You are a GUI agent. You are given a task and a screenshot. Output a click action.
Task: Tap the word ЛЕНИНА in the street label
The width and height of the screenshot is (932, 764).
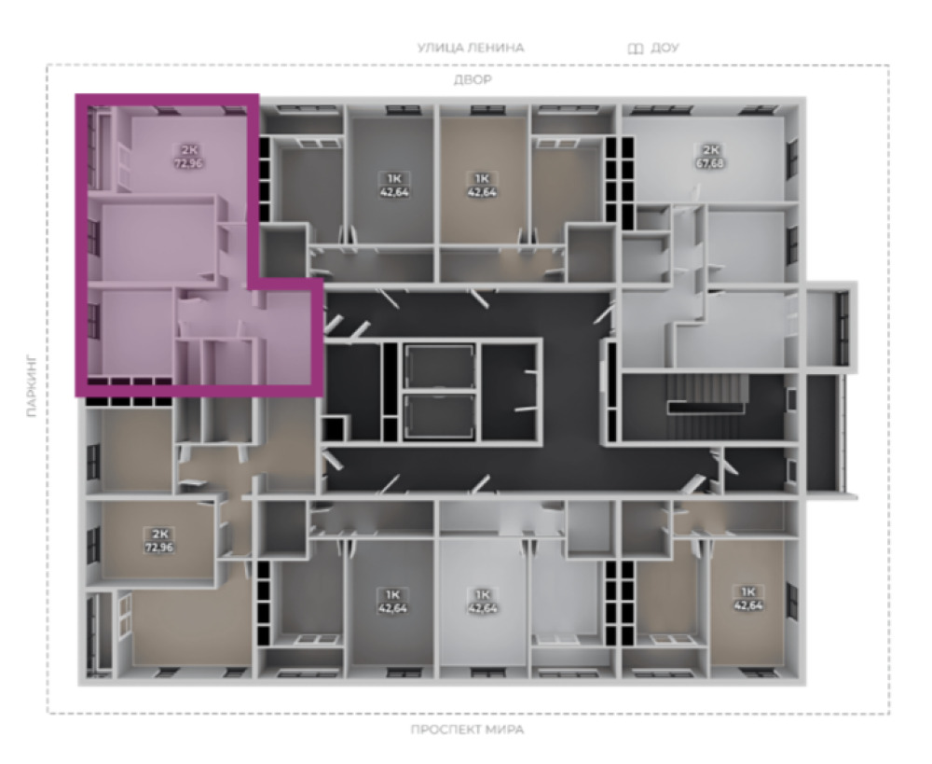click(x=498, y=48)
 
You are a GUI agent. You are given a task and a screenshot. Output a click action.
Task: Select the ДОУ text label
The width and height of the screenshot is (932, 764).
click(x=665, y=48)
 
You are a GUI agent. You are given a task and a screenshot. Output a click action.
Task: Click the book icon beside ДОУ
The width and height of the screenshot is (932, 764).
click(x=636, y=49)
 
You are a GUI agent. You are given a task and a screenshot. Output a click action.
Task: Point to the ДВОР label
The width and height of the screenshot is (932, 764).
click(x=473, y=79)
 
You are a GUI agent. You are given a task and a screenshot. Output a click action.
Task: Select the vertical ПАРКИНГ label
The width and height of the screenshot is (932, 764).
click(x=32, y=387)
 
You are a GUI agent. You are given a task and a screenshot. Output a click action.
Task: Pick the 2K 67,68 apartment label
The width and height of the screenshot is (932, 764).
click(x=710, y=156)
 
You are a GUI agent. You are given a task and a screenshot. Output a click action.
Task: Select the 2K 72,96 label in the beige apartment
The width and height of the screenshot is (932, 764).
click(x=159, y=540)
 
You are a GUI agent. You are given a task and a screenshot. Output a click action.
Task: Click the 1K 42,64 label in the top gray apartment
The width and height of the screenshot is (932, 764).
click(x=393, y=185)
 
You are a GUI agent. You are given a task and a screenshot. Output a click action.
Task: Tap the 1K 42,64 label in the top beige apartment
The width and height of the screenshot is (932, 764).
click(x=482, y=185)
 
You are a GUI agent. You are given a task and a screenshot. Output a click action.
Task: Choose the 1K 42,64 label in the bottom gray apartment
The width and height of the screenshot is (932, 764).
click(x=393, y=601)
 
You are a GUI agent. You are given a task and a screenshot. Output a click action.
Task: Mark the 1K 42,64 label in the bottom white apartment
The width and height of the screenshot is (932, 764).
click(x=482, y=601)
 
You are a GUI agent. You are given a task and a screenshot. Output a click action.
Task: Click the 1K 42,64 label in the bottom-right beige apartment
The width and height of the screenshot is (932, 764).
click(x=747, y=598)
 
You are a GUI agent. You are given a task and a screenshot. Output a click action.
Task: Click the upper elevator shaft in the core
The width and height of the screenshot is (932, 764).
click(x=440, y=367)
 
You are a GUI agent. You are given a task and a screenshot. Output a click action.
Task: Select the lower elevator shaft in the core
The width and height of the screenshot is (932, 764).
click(x=440, y=416)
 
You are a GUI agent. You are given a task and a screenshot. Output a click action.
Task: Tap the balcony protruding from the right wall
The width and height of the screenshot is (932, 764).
click(x=831, y=326)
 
